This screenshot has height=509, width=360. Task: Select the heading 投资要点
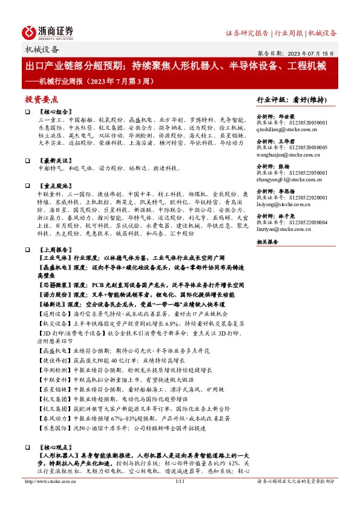pyautogui.click(x=41, y=99)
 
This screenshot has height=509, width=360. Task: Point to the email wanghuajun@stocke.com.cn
pyautogui.click(x=287, y=154)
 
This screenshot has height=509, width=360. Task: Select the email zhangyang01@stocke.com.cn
pyautogui.click(x=287, y=180)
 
